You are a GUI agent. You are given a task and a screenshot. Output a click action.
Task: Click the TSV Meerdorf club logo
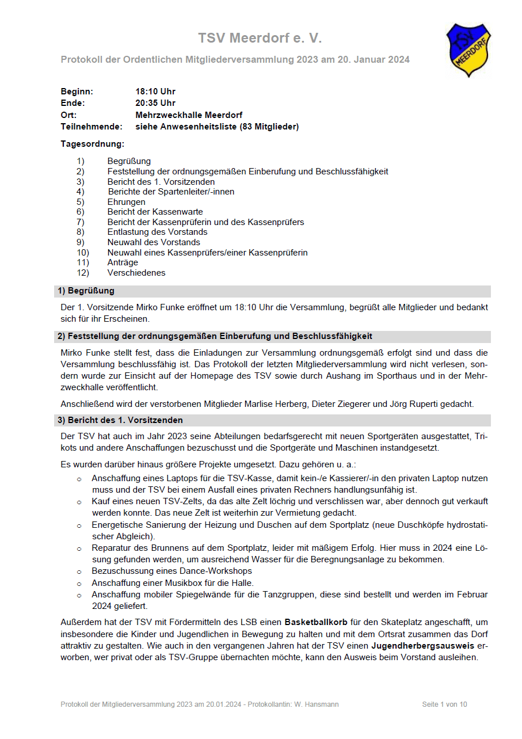[x=468, y=50]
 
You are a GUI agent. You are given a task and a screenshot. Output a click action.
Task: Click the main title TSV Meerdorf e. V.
[x=260, y=38]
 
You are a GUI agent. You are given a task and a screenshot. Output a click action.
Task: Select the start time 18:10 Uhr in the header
[x=155, y=92]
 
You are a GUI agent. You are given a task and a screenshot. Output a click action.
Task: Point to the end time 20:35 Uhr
[x=155, y=103]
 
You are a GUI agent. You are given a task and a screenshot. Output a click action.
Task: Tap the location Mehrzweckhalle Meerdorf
[x=189, y=115]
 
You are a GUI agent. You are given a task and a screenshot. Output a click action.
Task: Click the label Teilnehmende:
[x=92, y=127]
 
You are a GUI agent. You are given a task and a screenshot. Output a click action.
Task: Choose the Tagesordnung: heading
[x=92, y=143]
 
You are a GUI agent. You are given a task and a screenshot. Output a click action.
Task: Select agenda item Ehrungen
[x=126, y=202]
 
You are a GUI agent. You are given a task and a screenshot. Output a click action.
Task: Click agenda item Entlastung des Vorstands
[x=157, y=232]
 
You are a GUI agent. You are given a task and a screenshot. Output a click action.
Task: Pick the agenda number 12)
[x=83, y=273]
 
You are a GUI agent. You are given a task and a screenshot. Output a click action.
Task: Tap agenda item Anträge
[x=123, y=262]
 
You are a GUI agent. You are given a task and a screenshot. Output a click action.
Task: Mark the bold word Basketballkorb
[x=321, y=622]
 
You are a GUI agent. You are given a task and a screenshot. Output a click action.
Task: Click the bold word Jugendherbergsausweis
[x=422, y=646]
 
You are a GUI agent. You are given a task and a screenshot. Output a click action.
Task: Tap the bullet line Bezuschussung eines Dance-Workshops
[x=172, y=571]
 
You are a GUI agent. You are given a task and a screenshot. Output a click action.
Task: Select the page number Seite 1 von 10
[x=444, y=704]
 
